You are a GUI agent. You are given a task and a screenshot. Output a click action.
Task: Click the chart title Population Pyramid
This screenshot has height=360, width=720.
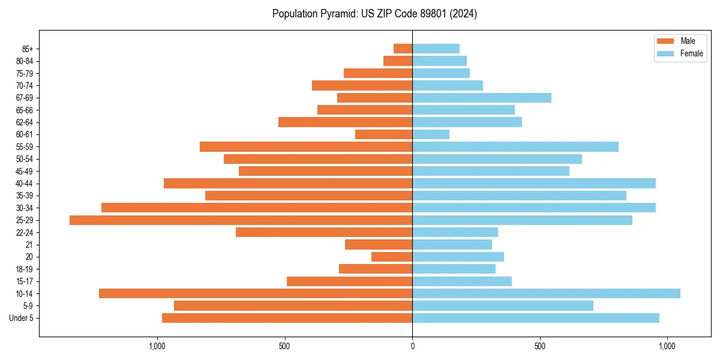coord(374,14)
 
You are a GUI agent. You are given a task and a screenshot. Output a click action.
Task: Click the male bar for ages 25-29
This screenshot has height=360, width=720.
coord(241,220)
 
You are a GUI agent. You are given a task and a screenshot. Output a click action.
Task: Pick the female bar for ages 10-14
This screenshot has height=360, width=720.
coord(546,293)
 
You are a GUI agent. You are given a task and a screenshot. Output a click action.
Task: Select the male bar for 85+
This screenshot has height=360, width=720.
coord(403,49)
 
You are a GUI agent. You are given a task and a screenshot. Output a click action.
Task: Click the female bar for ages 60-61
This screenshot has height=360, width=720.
coord(431,134)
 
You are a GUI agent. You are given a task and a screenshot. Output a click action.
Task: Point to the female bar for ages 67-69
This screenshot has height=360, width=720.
coord(482,98)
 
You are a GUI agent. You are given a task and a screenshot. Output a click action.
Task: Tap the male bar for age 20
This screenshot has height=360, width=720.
coord(392,257)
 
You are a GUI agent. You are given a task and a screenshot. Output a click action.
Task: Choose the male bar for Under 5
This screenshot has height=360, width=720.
coord(287,318)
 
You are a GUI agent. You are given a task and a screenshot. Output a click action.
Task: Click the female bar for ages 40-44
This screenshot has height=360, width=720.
coord(534,184)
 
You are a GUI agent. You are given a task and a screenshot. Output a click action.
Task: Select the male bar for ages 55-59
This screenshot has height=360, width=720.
coord(306,147)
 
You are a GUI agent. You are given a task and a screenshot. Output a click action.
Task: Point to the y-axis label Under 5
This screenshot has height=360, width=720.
coord(22,318)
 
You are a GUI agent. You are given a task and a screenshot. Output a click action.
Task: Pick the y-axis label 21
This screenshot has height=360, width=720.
coord(29,245)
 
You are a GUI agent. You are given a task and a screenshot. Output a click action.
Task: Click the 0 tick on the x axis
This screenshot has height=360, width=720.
coord(412,346)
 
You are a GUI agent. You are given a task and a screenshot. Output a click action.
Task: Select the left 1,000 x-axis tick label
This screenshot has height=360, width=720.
coord(157,346)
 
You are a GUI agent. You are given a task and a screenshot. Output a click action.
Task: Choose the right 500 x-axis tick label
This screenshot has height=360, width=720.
coord(540,346)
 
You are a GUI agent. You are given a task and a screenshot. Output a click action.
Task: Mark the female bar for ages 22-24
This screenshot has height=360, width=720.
coord(455,232)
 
